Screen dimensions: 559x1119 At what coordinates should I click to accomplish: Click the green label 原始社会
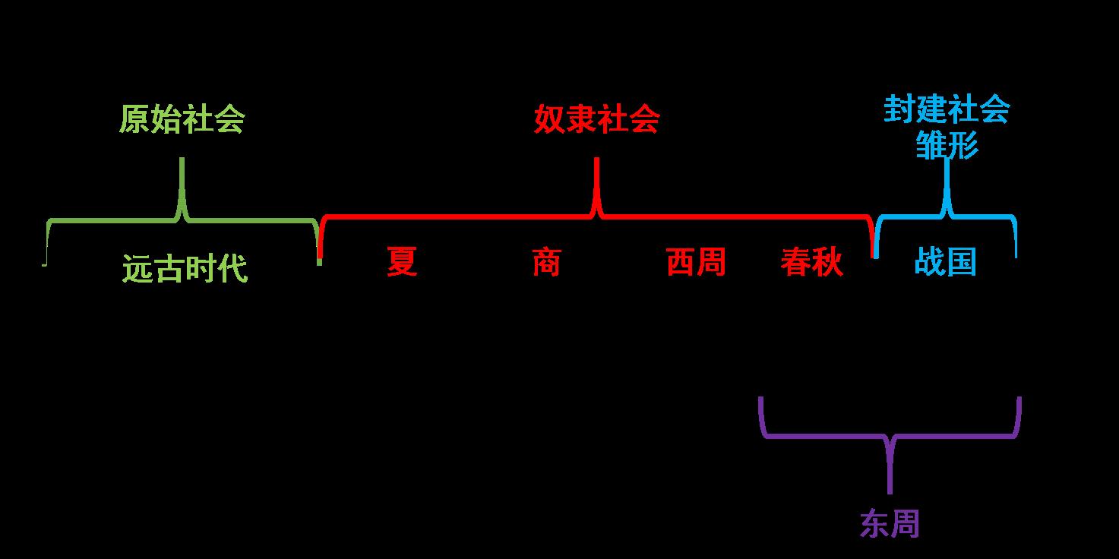182,120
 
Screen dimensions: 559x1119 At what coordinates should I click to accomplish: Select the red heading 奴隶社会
596,120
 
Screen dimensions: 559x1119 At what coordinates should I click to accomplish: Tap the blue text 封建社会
947,111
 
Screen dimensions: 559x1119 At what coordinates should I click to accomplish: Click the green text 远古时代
185,269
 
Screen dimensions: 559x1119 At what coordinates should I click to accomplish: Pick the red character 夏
402,263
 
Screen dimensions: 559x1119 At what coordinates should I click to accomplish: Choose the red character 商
546,263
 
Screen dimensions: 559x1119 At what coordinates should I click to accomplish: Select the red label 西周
696,263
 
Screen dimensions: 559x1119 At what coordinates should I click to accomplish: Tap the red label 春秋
811,263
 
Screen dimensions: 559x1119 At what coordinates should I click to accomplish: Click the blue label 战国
945,263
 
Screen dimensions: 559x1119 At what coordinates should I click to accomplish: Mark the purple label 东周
890,523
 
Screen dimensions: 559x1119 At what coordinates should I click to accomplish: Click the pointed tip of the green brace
182,159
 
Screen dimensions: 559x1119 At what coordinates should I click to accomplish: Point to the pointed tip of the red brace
597,159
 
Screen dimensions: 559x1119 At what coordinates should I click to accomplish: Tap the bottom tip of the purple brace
890,492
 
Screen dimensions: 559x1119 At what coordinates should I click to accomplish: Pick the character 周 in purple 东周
905,523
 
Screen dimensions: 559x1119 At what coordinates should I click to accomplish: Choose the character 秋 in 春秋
827,263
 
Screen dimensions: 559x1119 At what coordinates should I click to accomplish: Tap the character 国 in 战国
961,263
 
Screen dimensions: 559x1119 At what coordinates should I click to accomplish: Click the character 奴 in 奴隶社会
549,120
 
